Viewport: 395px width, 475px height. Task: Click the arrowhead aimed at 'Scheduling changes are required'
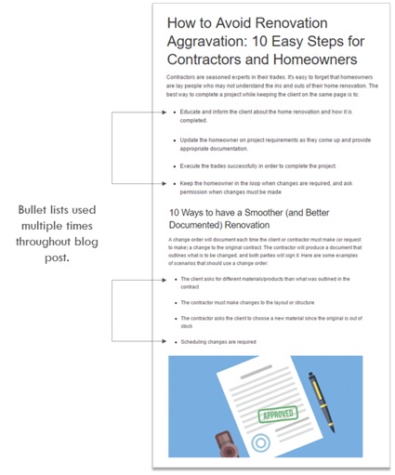tap(166, 341)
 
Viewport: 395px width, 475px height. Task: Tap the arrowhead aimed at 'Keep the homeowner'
tap(166, 184)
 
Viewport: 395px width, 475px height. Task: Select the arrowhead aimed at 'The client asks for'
tap(166, 278)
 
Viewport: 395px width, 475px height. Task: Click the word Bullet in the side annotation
tap(38, 210)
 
